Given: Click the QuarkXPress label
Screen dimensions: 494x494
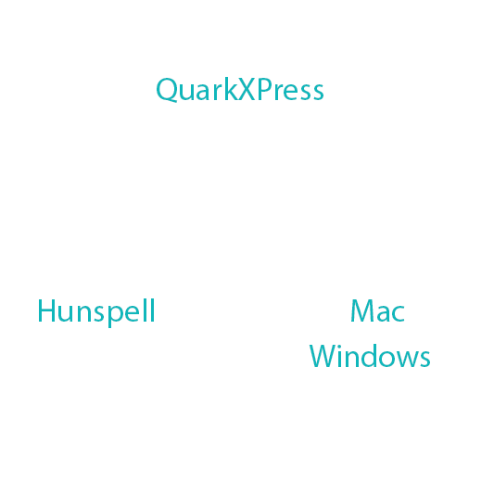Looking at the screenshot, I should [x=240, y=90].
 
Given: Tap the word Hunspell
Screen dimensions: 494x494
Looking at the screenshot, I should [x=95, y=310].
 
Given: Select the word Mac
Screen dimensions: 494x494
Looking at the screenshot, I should [x=377, y=310].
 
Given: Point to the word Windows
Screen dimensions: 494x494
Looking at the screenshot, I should [x=370, y=356].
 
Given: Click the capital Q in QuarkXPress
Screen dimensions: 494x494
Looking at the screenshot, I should [x=168, y=91].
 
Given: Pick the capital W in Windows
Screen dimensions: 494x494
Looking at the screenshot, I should [x=323, y=356].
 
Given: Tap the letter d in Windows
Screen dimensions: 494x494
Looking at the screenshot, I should [x=379, y=356].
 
